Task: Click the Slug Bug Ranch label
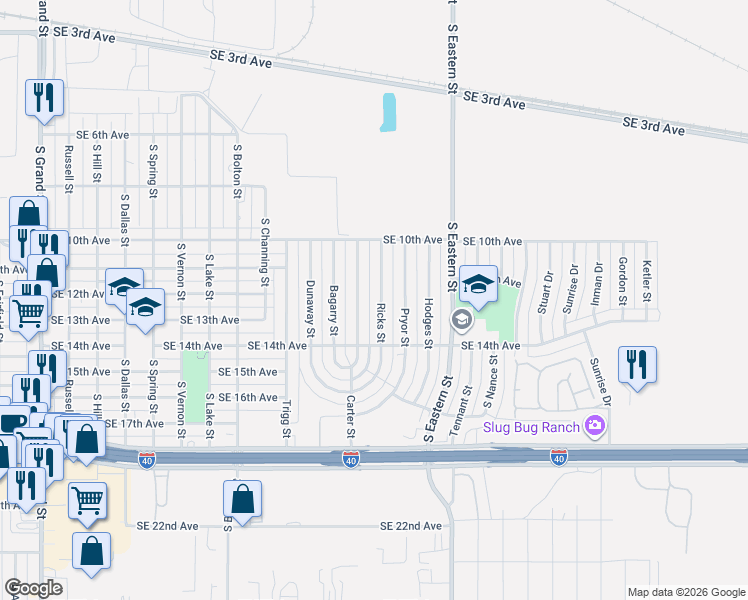pos(534,427)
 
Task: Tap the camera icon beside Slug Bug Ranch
pos(597,427)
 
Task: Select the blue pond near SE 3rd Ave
pos(388,112)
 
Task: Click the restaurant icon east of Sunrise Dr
pos(634,365)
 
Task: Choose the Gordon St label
pos(622,280)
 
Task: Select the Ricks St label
pos(381,322)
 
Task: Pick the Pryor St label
pos(405,327)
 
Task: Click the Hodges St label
pos(428,322)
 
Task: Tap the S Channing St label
pos(265,252)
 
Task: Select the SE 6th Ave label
pos(104,135)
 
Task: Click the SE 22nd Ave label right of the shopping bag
pos(410,526)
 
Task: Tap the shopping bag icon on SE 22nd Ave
pos(242,499)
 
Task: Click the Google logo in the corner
pos(34,588)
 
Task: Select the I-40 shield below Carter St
pos(350,458)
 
